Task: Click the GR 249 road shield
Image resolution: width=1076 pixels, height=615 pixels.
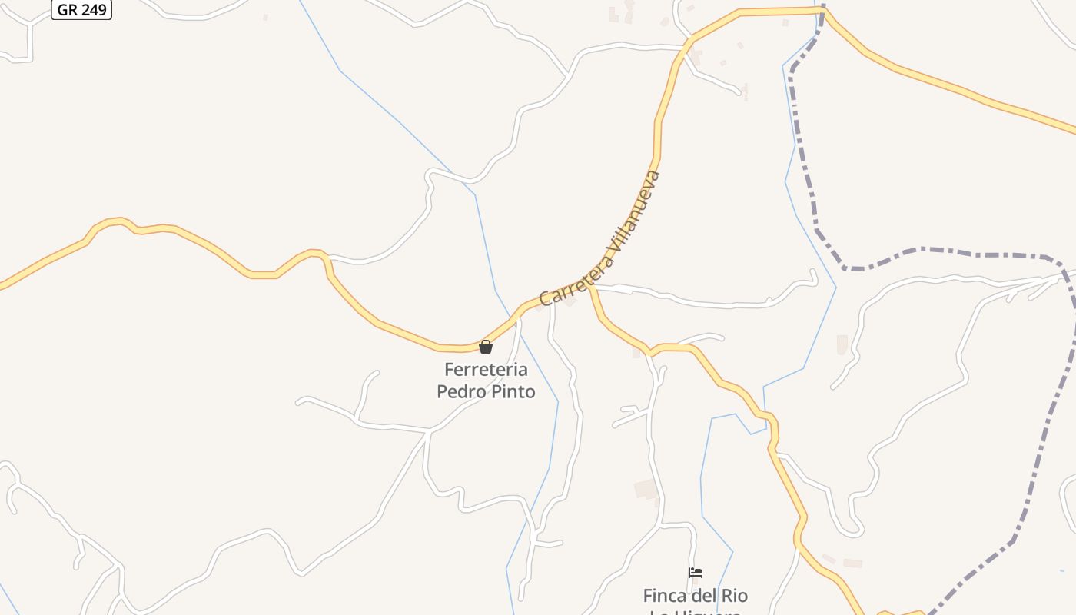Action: (x=81, y=10)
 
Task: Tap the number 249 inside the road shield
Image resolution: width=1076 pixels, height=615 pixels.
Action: (x=93, y=10)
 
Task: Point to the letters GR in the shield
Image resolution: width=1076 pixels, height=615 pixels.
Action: (x=67, y=10)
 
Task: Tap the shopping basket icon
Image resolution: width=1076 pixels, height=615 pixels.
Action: (x=486, y=347)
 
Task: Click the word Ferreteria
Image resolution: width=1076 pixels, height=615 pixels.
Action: (x=486, y=369)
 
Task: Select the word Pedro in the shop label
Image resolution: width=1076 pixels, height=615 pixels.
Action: (x=461, y=391)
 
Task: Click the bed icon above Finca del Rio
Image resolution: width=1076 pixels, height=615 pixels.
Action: (x=696, y=573)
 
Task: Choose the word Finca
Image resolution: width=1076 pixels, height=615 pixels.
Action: (x=666, y=596)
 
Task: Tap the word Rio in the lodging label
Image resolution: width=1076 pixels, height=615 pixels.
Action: (x=735, y=596)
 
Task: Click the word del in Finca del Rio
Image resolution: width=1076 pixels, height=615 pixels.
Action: (x=706, y=596)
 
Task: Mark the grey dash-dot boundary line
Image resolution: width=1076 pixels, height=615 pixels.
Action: (x=945, y=251)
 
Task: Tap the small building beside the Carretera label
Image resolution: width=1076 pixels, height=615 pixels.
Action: (x=570, y=301)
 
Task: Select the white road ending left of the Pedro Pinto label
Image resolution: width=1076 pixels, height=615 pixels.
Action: (x=300, y=401)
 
